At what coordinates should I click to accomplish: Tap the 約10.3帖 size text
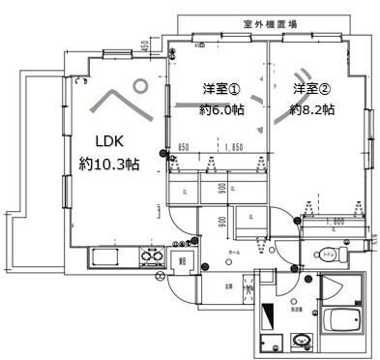click(x=109, y=165)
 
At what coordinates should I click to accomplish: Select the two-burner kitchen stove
click(x=152, y=256)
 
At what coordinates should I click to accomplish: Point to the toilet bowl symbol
click(x=323, y=256)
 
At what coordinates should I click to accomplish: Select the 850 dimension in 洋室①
click(x=184, y=148)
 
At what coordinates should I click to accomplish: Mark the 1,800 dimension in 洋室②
click(x=334, y=222)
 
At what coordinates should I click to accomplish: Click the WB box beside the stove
click(x=182, y=258)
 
